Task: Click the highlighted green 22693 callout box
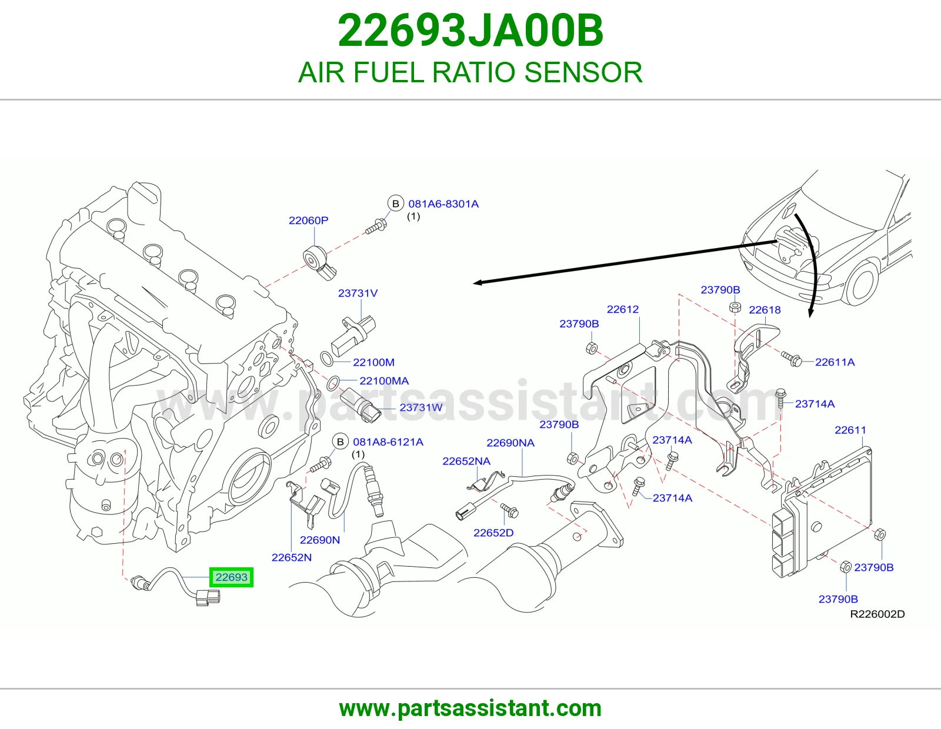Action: pos(231,577)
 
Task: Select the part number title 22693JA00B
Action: pos(470,31)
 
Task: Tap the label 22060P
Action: pos(308,220)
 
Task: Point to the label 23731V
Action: pos(358,293)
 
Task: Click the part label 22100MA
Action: pos(384,381)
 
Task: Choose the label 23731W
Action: pos(421,407)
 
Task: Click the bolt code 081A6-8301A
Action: pos(443,204)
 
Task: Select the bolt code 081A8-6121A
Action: pos(388,442)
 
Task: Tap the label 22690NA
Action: pos(510,443)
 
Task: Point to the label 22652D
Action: pos(493,533)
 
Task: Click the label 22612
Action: pos(623,309)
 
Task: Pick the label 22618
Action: pos(765,310)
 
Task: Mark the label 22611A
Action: pos(835,362)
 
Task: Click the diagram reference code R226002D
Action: pos(877,614)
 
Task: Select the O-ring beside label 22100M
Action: pos(326,359)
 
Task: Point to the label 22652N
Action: pos(292,557)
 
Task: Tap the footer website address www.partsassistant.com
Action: pos(470,708)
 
